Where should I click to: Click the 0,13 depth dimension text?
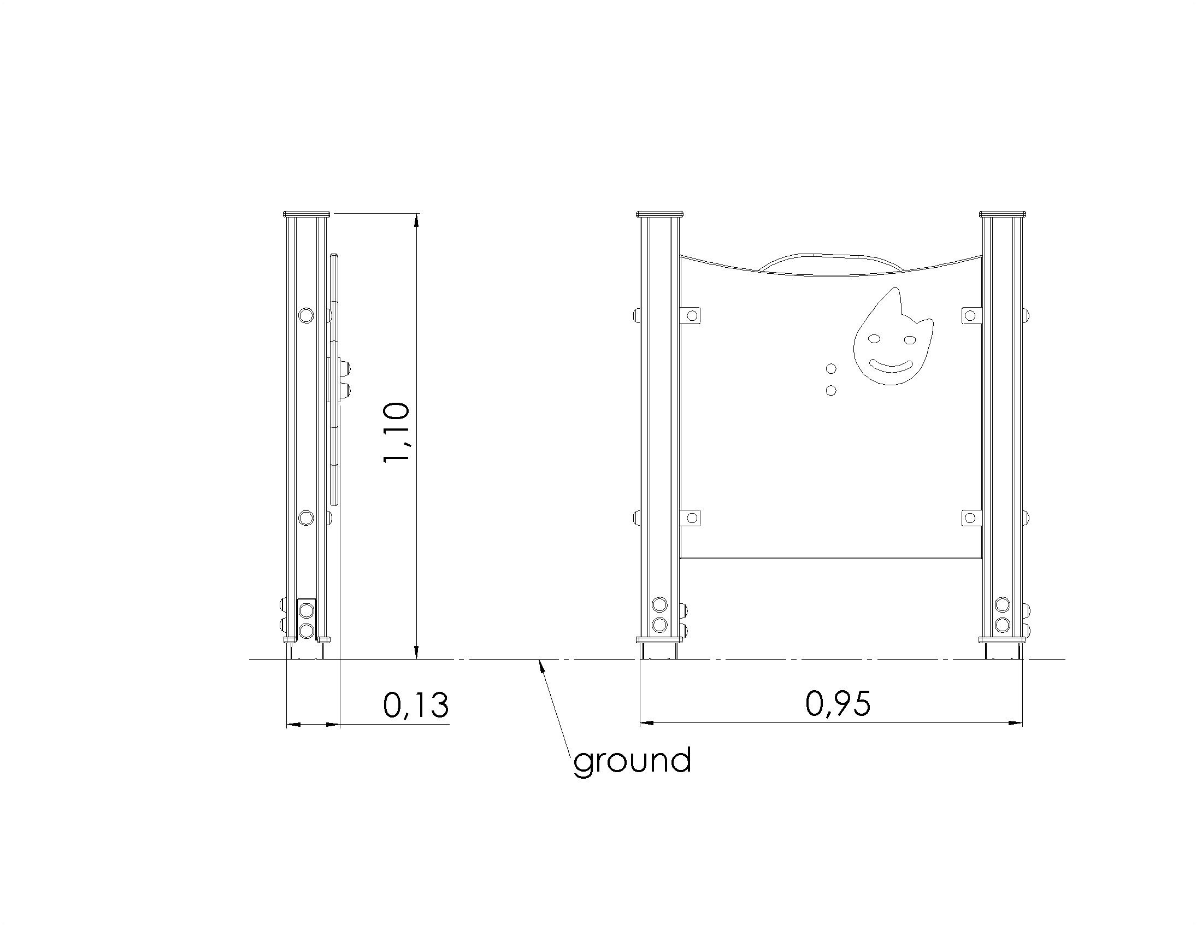[x=416, y=705]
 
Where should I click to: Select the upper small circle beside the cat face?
[x=832, y=368]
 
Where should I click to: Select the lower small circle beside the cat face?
[x=832, y=390]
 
